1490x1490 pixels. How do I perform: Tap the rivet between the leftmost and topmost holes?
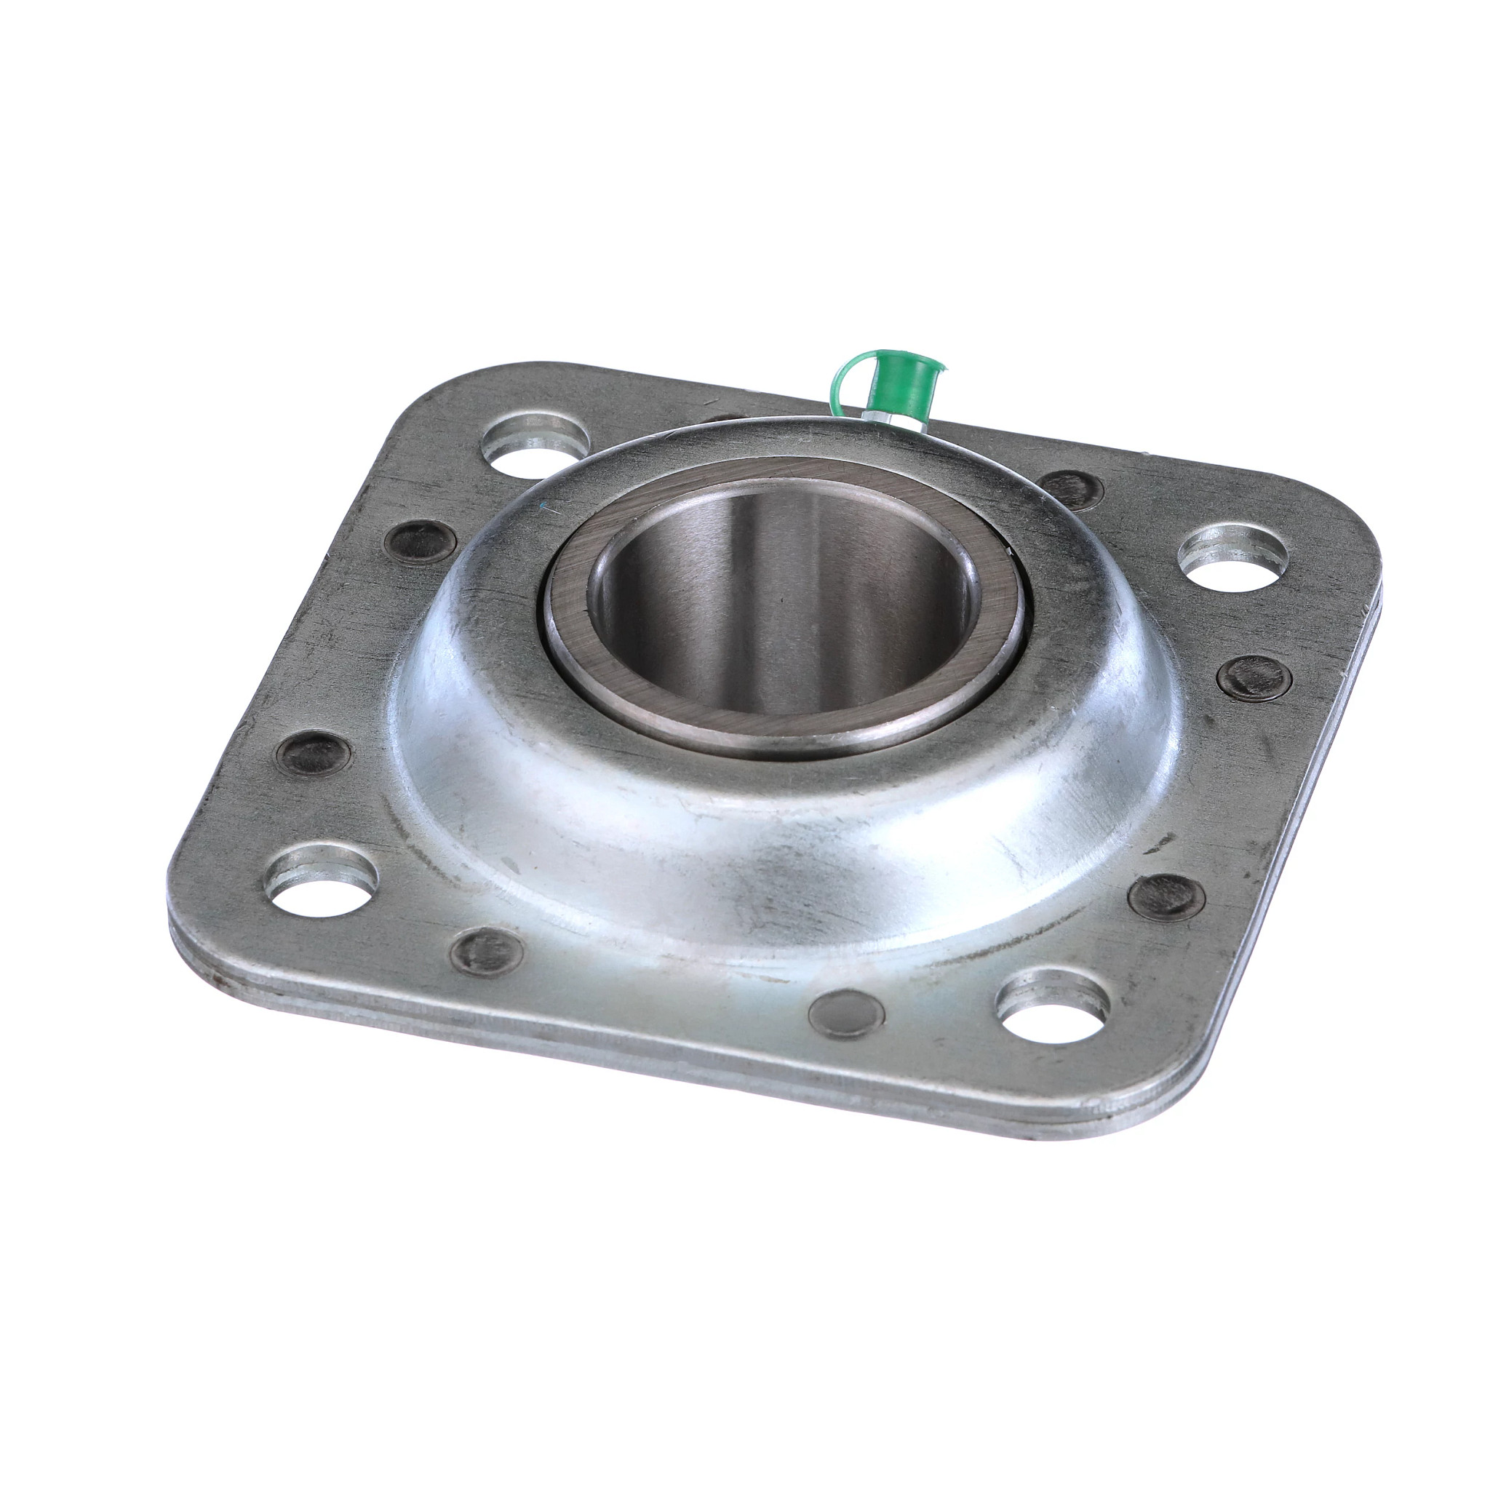tap(417, 541)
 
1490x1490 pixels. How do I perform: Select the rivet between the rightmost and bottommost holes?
tap(1166, 896)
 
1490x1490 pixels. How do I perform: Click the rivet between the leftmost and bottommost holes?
tap(486, 952)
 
